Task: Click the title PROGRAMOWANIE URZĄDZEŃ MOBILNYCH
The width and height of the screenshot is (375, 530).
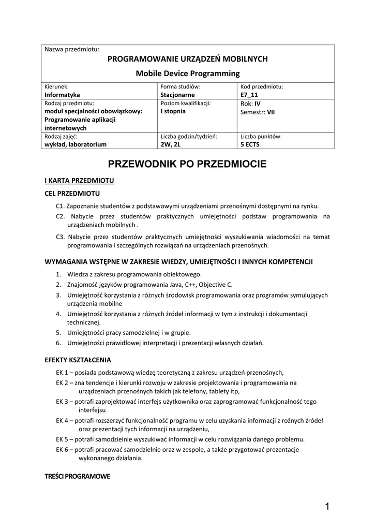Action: point(187,59)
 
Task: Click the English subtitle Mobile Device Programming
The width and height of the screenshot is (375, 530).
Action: point(187,73)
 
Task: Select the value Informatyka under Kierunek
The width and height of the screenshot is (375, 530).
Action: point(62,95)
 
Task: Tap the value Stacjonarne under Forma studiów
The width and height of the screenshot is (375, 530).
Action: point(177,95)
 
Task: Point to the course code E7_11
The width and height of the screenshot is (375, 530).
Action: point(249,95)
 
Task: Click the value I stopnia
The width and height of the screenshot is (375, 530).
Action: point(173,111)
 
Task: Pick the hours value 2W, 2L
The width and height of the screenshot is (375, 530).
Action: point(170,144)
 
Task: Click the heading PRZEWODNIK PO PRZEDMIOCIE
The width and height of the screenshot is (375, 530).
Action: point(187,165)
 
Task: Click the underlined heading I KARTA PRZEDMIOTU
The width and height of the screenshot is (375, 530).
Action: point(79,181)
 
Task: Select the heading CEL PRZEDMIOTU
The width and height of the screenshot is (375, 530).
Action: point(72,194)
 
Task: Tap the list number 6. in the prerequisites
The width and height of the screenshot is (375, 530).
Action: point(59,343)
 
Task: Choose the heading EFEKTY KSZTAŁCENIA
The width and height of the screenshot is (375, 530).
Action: point(78,360)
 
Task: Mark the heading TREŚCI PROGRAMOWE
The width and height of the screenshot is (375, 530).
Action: point(78,476)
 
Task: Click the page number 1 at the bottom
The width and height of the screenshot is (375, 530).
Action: point(327,507)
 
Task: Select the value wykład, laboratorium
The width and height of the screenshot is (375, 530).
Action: point(76,144)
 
